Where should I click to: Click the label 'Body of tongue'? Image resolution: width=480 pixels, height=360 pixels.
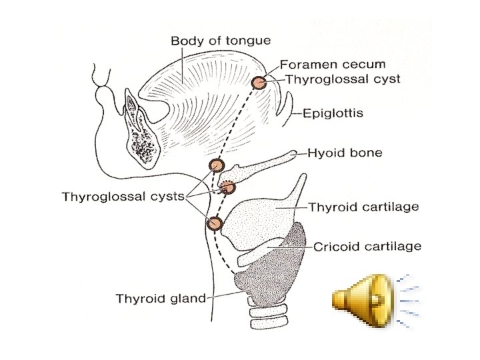[x=221, y=41]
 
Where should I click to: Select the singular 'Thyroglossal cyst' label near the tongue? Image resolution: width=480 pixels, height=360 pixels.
[x=343, y=79]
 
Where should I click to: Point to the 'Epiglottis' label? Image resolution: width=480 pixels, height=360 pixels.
[x=333, y=113]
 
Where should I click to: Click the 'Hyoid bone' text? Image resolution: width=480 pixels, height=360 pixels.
[x=345, y=153]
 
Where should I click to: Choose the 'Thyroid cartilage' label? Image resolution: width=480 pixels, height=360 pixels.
[x=363, y=207]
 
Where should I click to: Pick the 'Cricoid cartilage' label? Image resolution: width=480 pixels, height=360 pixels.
[x=367, y=246]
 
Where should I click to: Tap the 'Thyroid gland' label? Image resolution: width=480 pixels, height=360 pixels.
[x=161, y=298]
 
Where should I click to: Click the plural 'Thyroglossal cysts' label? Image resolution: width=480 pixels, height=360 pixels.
[x=123, y=197]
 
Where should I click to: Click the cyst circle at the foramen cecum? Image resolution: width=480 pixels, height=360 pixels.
[x=258, y=82]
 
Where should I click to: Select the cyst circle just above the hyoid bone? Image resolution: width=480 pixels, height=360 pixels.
[x=216, y=165]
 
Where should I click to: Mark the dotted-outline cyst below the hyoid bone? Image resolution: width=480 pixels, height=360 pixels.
[x=228, y=187]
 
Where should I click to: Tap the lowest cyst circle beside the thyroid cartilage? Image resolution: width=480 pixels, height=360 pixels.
[x=215, y=223]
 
